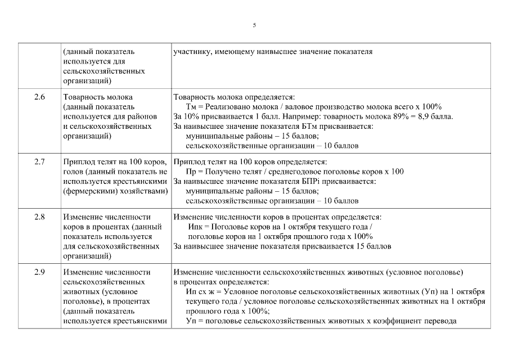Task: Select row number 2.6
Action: click(x=39, y=97)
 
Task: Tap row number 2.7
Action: click(x=39, y=162)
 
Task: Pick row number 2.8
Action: click(x=39, y=217)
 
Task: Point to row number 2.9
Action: click(x=39, y=272)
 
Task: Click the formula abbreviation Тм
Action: click(x=191, y=107)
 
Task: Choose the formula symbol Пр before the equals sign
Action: click(x=190, y=172)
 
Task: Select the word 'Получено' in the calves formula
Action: click(x=224, y=172)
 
